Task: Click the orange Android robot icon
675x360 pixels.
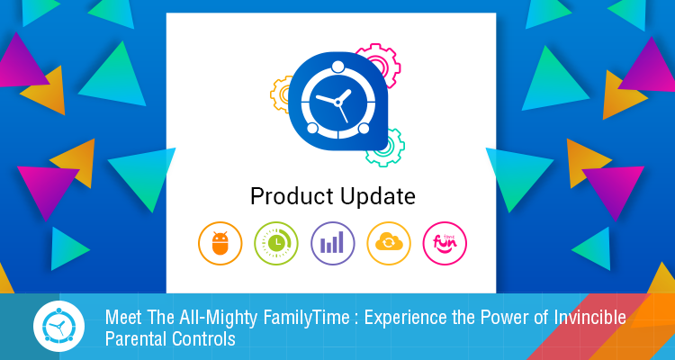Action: tap(220, 243)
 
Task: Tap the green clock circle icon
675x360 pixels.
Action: tap(276, 243)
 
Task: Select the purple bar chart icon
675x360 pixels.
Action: tap(332, 243)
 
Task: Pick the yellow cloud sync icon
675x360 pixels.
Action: tap(389, 243)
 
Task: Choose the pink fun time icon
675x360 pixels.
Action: tap(445, 243)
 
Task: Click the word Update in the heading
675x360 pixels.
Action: tap(377, 197)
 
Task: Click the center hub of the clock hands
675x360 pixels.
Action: tap(337, 103)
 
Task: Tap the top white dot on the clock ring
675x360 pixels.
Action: tap(337, 67)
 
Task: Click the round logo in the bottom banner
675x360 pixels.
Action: tap(59, 327)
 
